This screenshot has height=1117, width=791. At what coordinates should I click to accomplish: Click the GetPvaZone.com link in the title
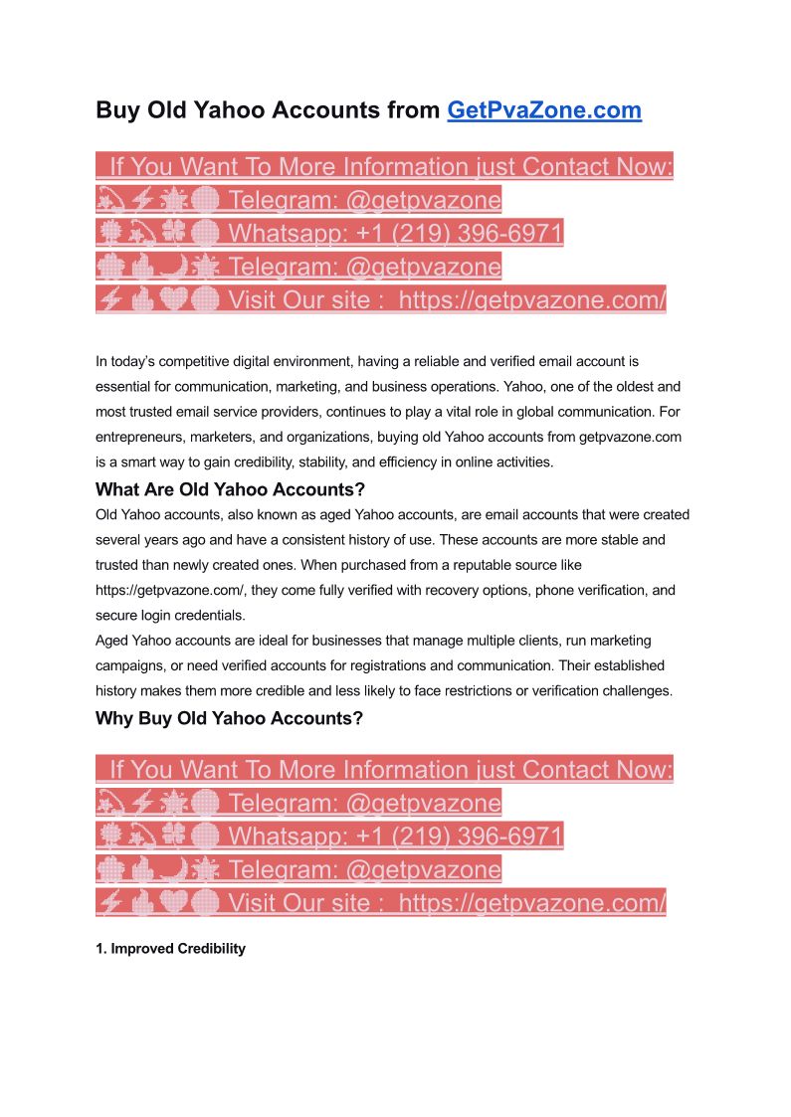(544, 110)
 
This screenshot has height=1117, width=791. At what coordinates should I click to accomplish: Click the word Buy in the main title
(117, 110)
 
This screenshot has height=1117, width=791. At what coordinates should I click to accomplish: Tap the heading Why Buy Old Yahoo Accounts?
(229, 717)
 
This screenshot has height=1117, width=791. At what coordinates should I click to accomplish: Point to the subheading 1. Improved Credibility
(170, 949)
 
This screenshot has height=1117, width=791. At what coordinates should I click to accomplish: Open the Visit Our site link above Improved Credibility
(446, 902)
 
